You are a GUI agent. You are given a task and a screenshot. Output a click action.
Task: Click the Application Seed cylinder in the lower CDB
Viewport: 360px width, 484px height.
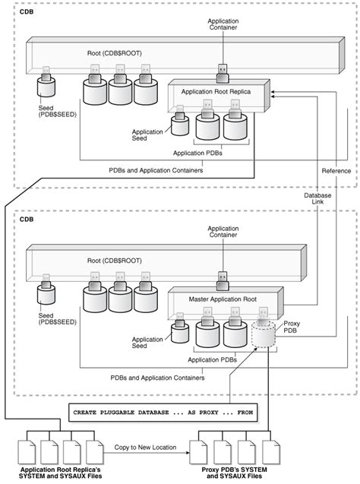coord(180,332)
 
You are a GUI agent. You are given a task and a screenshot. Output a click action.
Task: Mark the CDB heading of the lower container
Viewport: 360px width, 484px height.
coord(27,220)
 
